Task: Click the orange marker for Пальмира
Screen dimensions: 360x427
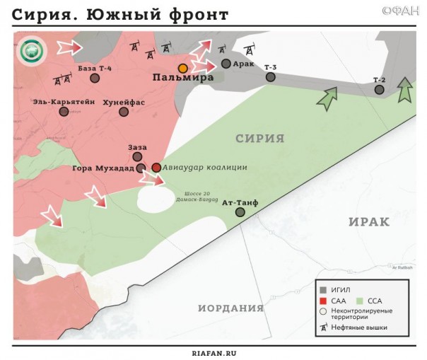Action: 183,68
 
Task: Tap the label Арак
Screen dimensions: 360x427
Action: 243,63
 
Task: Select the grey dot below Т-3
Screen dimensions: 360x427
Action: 271,79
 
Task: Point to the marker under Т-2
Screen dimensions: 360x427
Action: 380,90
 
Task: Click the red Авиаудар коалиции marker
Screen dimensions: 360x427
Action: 156,168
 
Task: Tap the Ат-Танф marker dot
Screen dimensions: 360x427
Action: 240,212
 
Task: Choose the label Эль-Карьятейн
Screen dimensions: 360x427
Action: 64,101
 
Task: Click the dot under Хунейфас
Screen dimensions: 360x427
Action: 124,112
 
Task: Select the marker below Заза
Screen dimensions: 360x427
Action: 137,157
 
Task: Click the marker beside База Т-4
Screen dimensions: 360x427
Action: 94,78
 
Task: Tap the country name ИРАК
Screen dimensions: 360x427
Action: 369,221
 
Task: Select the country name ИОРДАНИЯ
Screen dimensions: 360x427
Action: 230,308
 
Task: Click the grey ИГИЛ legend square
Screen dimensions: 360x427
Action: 323,289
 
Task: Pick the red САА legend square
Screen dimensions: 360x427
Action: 323,300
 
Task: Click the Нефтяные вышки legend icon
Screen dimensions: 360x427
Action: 323,327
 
